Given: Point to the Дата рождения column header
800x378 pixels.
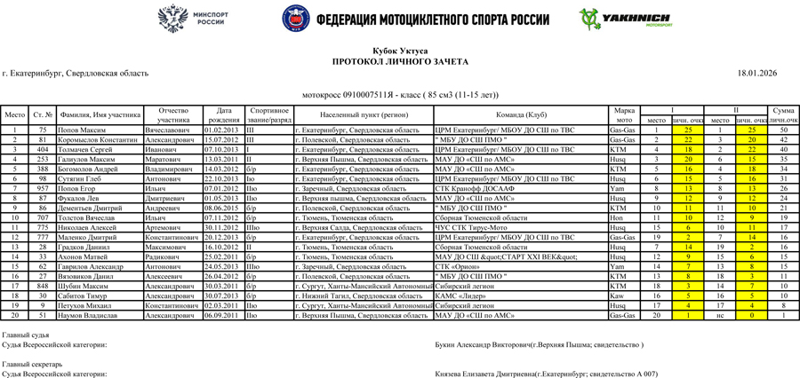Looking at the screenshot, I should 225,114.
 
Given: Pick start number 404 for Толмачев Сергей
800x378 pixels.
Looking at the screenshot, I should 42,149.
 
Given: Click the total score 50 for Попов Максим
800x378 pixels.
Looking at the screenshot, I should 783,130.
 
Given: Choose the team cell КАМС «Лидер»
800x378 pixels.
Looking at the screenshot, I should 461,295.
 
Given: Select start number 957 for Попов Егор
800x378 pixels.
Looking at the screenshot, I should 42,188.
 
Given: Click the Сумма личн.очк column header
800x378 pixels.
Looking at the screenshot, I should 783,114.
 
